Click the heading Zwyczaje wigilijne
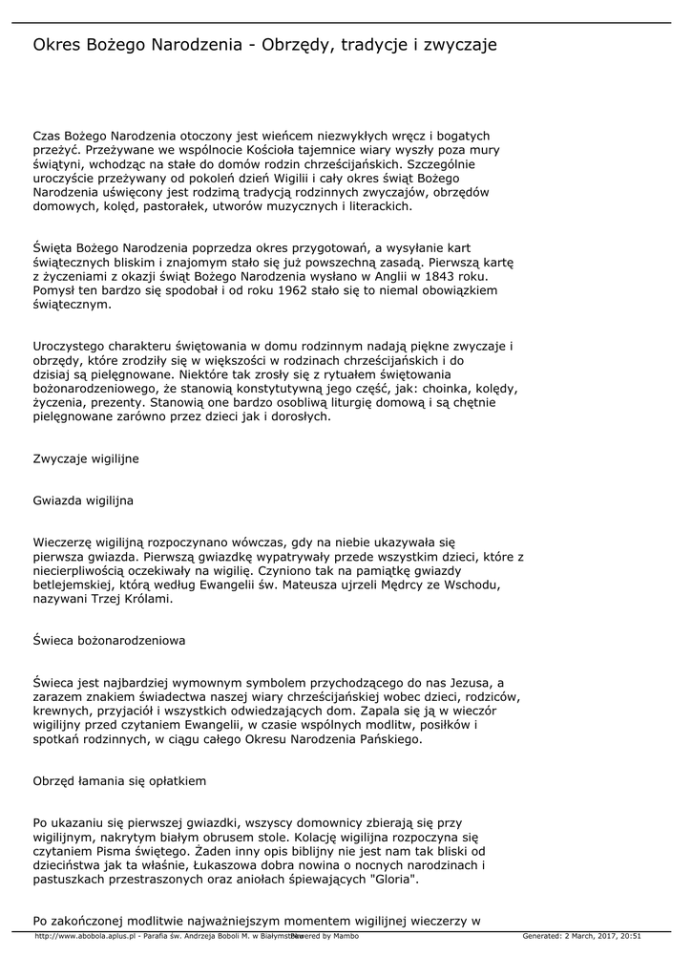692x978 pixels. (86, 458)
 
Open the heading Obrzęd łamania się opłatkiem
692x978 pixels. (119, 780)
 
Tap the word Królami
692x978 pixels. (144, 598)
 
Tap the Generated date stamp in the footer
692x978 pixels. (581, 936)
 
